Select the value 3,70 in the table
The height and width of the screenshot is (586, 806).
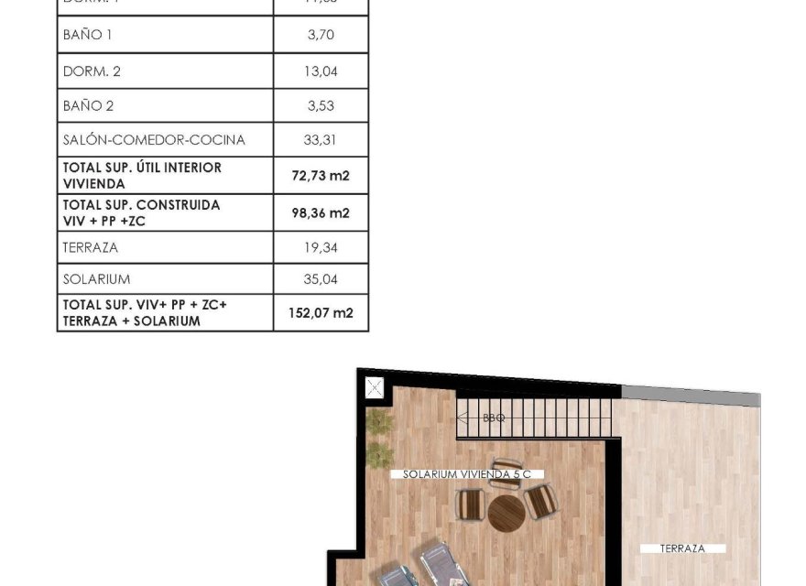[321, 35]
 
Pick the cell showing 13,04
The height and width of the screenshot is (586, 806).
[321, 71]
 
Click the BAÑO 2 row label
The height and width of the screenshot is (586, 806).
[88, 106]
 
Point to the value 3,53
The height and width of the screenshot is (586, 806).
[321, 106]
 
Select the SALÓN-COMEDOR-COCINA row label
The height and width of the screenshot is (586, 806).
[154, 140]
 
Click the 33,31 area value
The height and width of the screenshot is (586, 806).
[321, 140]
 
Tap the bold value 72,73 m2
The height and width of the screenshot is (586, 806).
[321, 175]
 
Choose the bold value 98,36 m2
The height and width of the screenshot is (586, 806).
[321, 212]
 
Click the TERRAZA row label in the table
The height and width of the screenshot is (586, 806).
[90, 247]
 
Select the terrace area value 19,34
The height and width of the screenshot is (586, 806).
[321, 247]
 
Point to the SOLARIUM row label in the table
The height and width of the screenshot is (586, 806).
[96, 278]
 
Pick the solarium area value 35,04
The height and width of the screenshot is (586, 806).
[321, 278]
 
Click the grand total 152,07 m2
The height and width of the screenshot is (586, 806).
[321, 312]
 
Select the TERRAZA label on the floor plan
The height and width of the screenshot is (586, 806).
[683, 548]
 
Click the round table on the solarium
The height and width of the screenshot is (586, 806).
[505, 513]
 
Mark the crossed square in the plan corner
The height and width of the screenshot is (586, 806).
[374, 387]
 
